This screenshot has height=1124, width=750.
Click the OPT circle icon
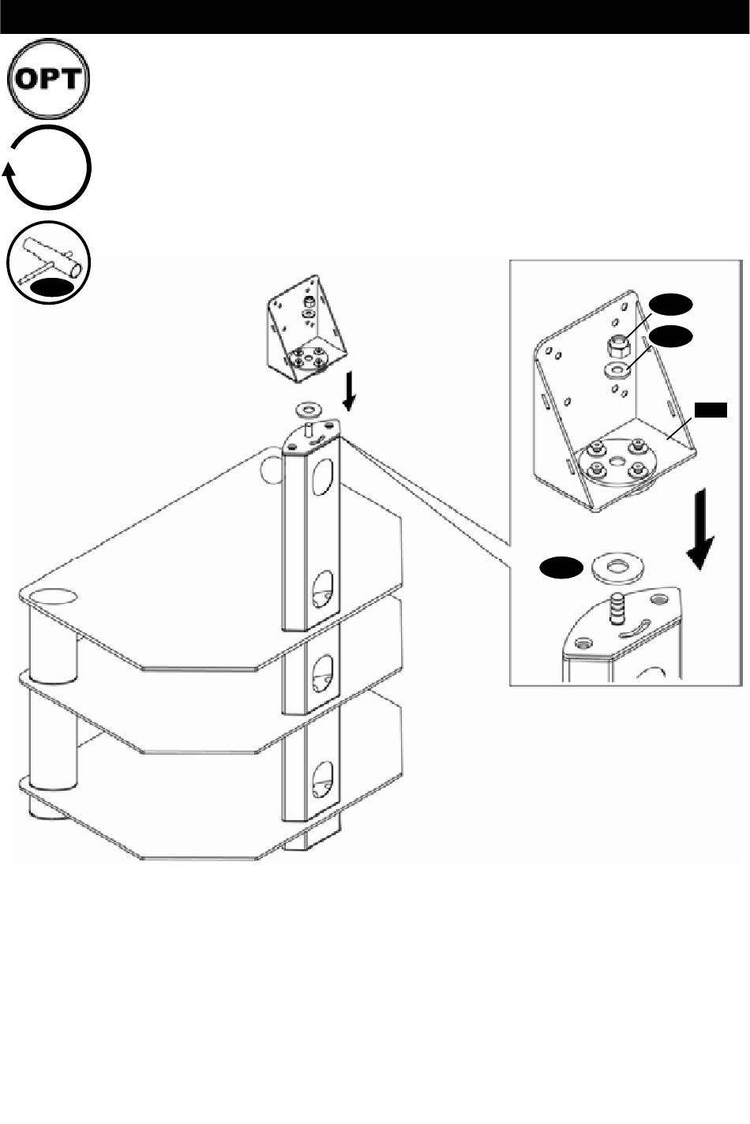(x=48, y=79)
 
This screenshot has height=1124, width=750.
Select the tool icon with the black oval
(x=48, y=262)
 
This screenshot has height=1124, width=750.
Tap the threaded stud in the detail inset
(x=617, y=607)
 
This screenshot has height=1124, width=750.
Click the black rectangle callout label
(x=711, y=410)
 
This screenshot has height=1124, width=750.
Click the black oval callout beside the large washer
(x=561, y=568)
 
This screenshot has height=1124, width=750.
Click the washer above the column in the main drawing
(x=309, y=410)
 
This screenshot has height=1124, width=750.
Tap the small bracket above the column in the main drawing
(x=306, y=329)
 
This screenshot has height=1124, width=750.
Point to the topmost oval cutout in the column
(x=324, y=474)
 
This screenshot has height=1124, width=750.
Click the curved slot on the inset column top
(x=636, y=628)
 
